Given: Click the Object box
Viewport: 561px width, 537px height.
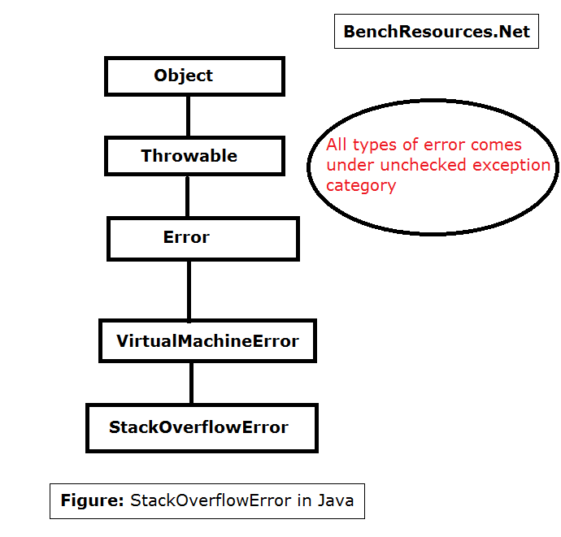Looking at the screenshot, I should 194,76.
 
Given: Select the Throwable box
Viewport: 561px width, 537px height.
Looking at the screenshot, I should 194,156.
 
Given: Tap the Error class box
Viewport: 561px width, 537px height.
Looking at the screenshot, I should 202,238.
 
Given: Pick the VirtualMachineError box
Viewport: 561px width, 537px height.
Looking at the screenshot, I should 207,341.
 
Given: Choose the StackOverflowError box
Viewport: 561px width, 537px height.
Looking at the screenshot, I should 202,427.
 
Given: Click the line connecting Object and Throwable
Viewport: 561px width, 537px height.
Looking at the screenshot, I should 188,115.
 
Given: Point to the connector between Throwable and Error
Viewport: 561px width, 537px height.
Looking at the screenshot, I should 188,196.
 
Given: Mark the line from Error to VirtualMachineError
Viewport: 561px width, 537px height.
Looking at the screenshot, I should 189,289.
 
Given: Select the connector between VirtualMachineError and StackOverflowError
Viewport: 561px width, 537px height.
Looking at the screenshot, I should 192,383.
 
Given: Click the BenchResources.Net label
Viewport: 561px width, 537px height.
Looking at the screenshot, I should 437,32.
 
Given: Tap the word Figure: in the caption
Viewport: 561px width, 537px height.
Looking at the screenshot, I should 93,500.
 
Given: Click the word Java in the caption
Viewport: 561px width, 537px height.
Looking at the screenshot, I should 337,500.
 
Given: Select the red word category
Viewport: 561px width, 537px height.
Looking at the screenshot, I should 361,186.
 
